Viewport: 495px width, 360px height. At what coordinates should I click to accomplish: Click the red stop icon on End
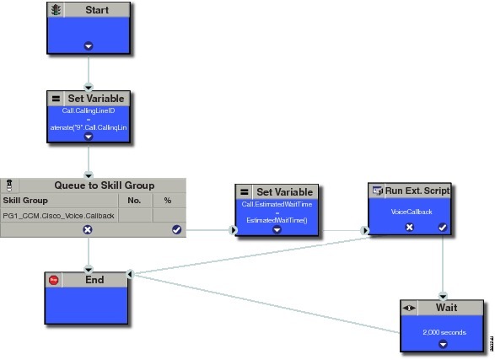(54, 281)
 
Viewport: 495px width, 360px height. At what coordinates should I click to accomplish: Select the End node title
(94, 281)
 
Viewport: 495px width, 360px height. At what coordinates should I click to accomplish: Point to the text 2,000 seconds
(443, 332)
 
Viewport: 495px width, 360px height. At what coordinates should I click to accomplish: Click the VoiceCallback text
(411, 212)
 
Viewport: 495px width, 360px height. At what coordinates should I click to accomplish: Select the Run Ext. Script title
(417, 191)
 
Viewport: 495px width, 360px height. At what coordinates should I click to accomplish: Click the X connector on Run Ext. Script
(410, 228)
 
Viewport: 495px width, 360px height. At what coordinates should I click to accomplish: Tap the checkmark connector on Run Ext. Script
(441, 228)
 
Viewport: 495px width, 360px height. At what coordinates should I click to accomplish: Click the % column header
(168, 201)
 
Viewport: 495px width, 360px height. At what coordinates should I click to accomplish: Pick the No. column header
(133, 201)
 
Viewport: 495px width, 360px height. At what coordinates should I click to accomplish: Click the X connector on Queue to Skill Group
(88, 229)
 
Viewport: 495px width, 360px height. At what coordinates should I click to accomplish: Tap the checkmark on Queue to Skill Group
(177, 229)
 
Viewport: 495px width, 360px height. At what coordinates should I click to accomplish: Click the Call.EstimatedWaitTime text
(277, 205)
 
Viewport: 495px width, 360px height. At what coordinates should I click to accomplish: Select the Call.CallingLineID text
(89, 110)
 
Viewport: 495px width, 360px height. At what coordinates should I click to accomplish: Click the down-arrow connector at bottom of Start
(89, 46)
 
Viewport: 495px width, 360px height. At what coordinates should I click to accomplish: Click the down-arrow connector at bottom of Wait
(443, 346)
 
